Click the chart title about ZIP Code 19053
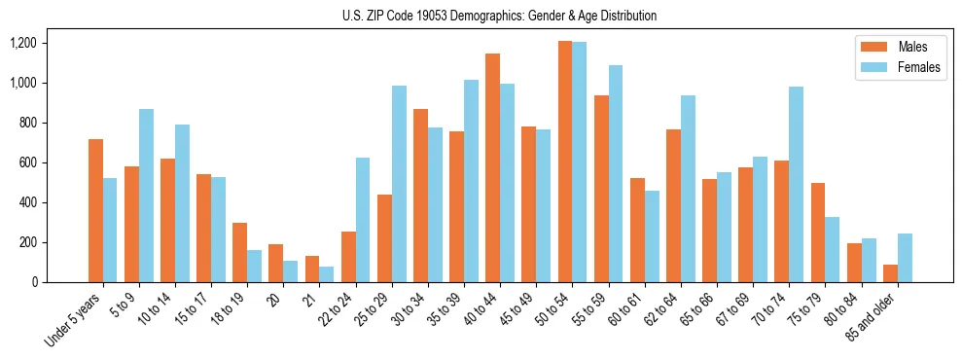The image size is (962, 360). pos(499,16)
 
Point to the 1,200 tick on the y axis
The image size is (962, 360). pos(22,43)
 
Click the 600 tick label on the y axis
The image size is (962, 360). pos(26,162)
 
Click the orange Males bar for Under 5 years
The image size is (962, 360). pos(95,211)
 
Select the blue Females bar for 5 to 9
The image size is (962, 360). pos(146,196)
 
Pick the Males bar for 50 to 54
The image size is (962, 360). pos(565,162)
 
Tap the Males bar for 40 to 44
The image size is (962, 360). pos(493,168)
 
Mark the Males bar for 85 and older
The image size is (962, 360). pos(890,273)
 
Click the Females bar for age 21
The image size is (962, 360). pos(327,274)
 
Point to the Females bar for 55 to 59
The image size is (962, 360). pos(616,174)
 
